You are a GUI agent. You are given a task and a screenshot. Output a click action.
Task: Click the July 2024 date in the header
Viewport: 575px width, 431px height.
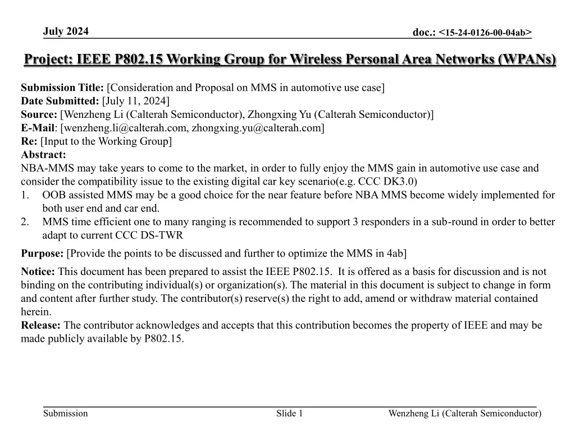coord(66,31)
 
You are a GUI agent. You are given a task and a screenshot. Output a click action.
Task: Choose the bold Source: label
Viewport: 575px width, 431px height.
coord(39,114)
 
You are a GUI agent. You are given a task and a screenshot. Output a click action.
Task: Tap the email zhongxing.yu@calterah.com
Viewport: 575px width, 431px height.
coord(255,128)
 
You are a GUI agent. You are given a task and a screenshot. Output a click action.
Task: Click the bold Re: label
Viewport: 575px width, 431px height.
coord(29,141)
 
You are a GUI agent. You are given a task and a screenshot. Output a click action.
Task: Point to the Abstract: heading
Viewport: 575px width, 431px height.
coord(43,155)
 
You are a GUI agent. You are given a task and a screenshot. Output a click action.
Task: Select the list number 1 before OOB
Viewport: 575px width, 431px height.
coord(25,195)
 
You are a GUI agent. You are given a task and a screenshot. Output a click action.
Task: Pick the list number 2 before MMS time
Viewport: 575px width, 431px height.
coord(25,222)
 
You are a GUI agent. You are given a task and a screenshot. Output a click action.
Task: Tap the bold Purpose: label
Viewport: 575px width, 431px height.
coord(42,254)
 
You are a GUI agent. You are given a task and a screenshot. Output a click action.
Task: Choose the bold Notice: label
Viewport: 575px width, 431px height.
coord(38,272)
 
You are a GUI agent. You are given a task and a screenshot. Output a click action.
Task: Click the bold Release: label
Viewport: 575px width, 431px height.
coord(41,325)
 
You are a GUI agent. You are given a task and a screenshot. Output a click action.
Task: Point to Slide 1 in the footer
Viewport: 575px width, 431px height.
coord(289,414)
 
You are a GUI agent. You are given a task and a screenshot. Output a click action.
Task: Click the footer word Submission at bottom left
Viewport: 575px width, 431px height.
coord(66,414)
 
